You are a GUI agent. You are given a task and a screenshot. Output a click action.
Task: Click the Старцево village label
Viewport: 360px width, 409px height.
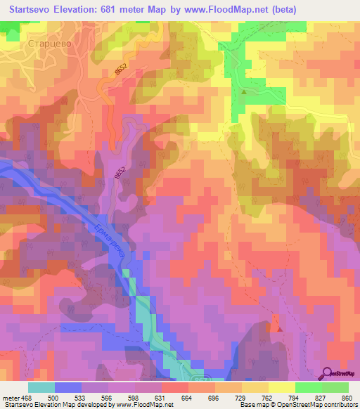(47, 44)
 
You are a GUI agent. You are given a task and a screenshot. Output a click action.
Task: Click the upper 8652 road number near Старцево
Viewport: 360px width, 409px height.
(120, 70)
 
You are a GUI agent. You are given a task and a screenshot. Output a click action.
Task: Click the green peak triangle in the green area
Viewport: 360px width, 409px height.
(244, 92)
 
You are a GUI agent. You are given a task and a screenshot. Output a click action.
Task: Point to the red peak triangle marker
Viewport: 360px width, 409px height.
(280, 328)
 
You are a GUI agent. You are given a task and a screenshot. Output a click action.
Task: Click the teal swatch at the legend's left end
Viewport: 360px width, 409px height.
(41, 387)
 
